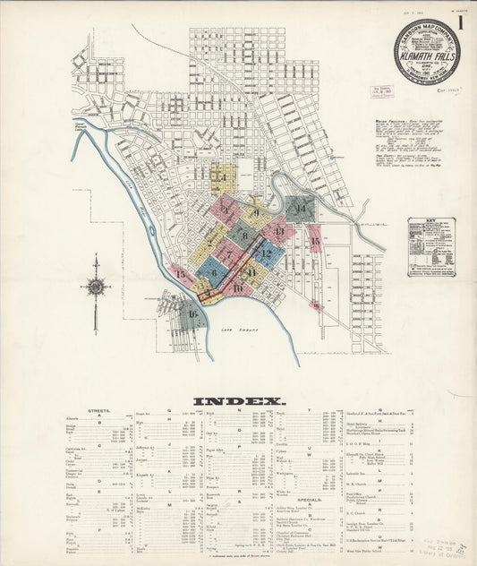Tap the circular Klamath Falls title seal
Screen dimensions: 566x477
[x=427, y=52]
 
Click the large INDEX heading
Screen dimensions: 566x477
[x=239, y=401]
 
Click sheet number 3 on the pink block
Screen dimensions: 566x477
[x=226, y=210]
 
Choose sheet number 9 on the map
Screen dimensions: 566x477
[x=256, y=213]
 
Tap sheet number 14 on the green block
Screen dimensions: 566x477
[x=301, y=210]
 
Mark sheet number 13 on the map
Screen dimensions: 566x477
[x=279, y=232]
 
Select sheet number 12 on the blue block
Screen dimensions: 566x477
[x=266, y=253]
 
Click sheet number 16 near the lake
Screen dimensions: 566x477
[x=192, y=313]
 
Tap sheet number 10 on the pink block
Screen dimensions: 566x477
[x=237, y=287]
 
